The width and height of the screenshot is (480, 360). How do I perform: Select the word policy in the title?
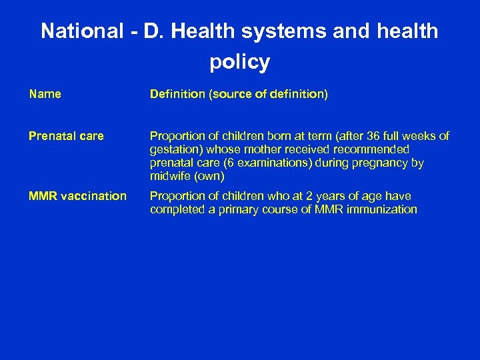(x=239, y=62)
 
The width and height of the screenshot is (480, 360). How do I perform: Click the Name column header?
(x=45, y=95)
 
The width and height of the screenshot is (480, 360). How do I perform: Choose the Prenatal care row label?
(x=66, y=136)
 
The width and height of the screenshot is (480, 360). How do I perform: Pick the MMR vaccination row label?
(x=77, y=196)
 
